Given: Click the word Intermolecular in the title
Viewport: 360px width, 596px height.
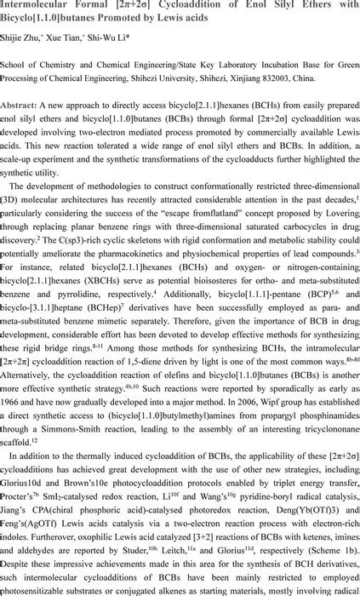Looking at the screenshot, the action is (33, 6).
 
